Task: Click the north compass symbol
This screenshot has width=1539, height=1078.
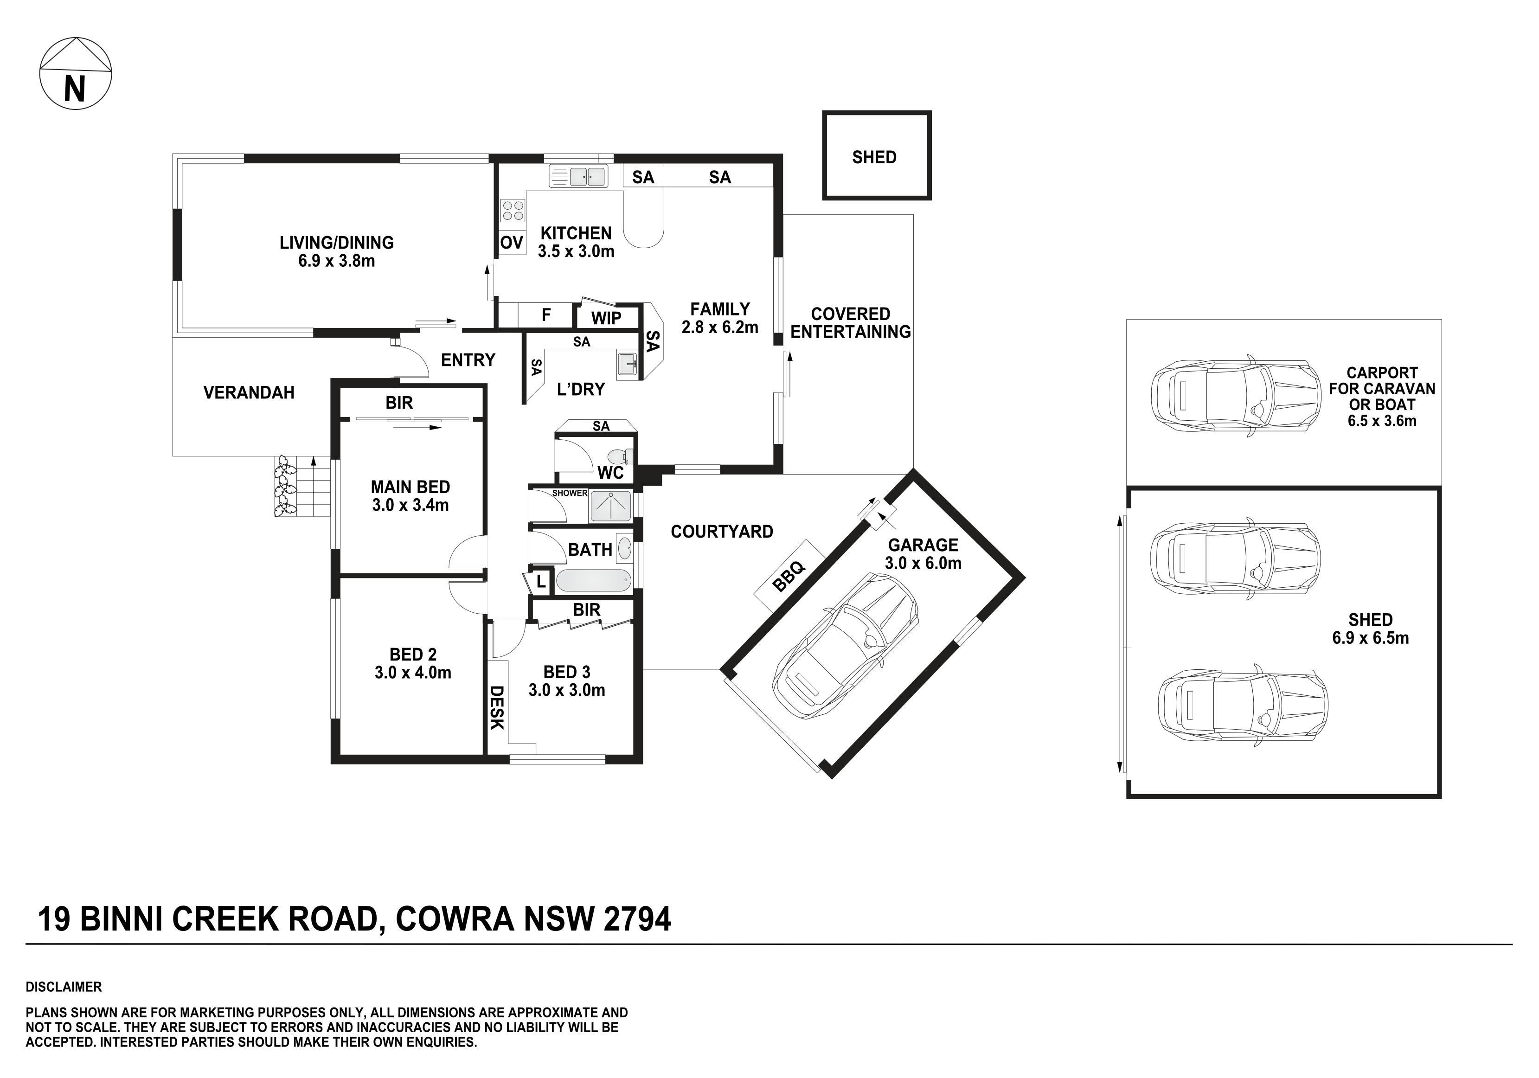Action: tap(76, 74)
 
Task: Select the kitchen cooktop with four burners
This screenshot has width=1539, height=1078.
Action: tap(513, 211)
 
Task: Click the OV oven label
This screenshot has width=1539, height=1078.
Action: tap(512, 243)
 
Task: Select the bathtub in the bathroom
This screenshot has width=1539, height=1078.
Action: tap(593, 581)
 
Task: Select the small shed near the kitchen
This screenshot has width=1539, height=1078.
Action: tap(877, 155)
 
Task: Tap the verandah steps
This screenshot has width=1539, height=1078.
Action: tap(314, 487)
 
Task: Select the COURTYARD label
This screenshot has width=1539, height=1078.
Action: tap(722, 532)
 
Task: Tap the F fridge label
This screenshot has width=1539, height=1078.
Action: tap(546, 315)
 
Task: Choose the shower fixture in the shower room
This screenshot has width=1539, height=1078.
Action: tap(610, 506)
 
